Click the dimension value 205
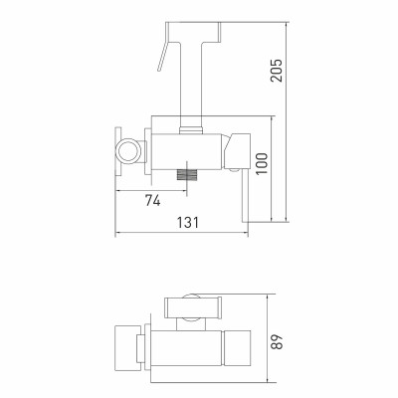277,71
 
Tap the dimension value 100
262,164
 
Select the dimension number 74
152,200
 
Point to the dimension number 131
188,222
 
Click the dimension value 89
277,341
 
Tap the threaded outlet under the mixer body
187,175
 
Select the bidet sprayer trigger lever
163,56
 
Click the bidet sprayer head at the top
193,32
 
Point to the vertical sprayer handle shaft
191,85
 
